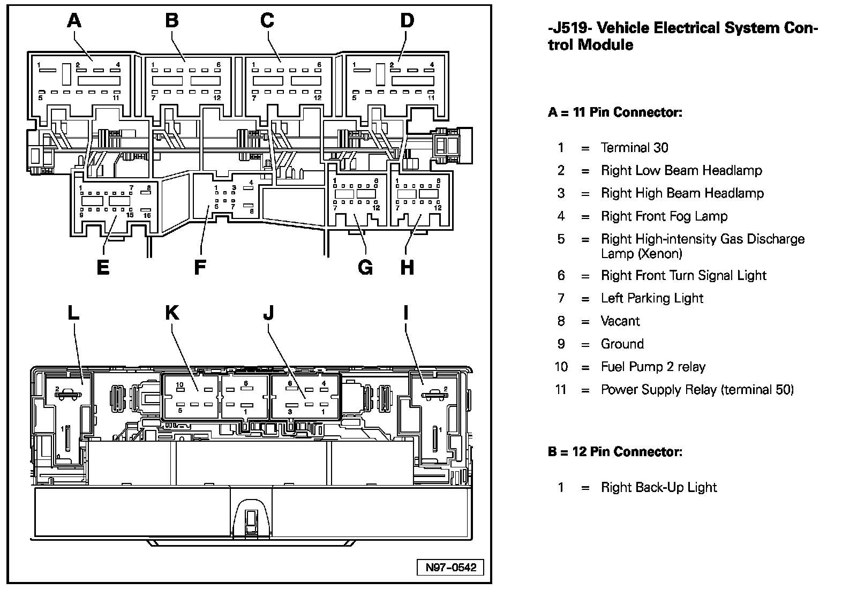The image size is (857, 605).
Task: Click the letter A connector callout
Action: [x=74, y=21]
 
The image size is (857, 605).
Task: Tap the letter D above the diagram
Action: [x=407, y=21]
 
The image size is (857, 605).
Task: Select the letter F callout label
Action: [x=200, y=267]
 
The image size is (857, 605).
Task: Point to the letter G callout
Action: [x=365, y=267]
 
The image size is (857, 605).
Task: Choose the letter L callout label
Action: [x=73, y=312]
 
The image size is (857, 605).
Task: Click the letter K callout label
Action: [x=172, y=312]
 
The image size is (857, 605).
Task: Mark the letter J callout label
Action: [x=268, y=312]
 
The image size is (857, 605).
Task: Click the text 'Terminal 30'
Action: [x=634, y=148]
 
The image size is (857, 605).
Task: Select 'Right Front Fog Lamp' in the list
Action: [x=664, y=216]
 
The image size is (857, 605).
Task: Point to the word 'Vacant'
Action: [x=620, y=321]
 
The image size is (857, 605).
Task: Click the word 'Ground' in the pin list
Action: [x=622, y=344]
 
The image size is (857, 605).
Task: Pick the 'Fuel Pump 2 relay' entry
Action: [x=653, y=367]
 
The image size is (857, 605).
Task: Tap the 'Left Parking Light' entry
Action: [x=652, y=298]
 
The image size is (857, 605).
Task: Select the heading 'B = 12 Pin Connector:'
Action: [x=615, y=452]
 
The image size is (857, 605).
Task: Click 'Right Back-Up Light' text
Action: [x=658, y=487]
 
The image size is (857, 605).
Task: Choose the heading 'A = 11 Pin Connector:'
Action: [x=615, y=112]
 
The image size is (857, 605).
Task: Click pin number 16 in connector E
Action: [x=147, y=215]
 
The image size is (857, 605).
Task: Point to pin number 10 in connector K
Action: [x=179, y=384]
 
